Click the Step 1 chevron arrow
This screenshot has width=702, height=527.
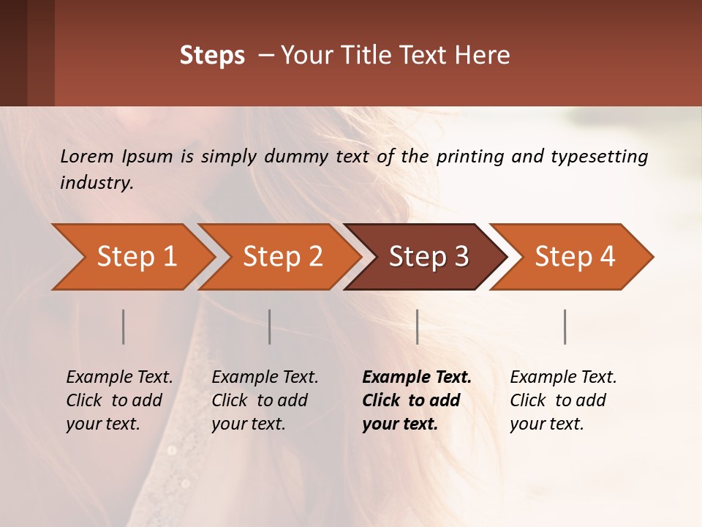click(136, 257)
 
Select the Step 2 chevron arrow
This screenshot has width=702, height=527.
click(282, 257)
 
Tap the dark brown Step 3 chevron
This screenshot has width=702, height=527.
click(429, 257)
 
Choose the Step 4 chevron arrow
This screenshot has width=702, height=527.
click(575, 257)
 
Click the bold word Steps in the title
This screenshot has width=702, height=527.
click(212, 56)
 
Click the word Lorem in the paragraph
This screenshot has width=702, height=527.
click(86, 156)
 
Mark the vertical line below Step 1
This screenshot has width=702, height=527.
click(124, 326)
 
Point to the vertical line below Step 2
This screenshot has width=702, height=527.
click(270, 326)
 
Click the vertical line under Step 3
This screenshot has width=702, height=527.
click(417, 326)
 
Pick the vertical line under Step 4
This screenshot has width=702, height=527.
click(565, 326)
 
